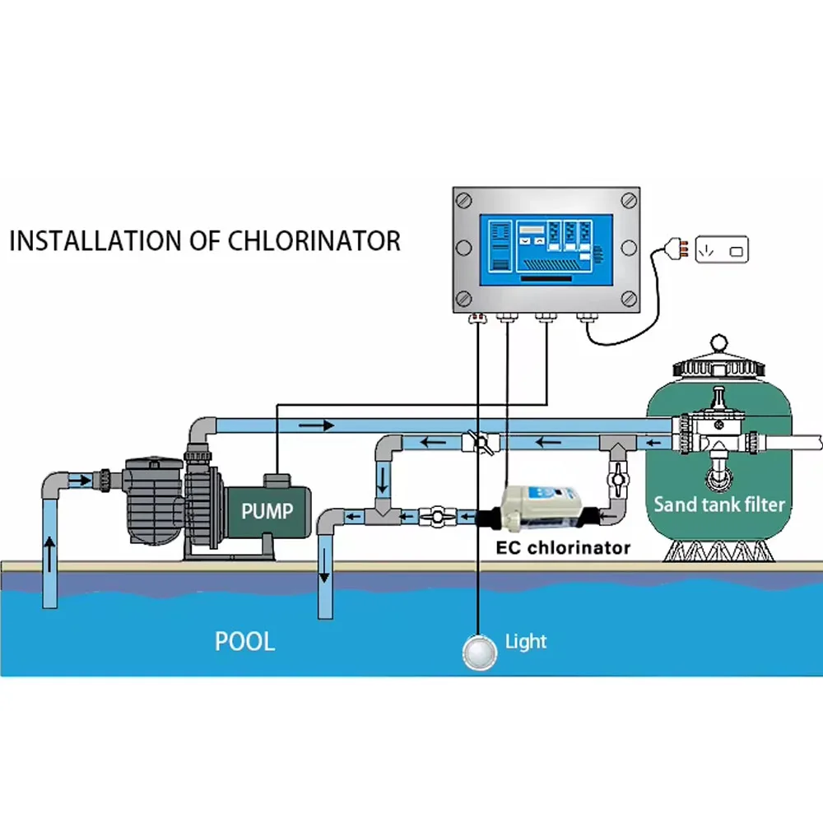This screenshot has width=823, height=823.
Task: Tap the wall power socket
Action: (x=723, y=249)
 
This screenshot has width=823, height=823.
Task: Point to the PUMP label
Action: (x=267, y=511)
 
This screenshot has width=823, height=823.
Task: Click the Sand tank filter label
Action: (x=719, y=504)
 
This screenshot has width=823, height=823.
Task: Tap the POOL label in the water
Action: (x=244, y=641)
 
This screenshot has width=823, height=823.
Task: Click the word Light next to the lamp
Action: (x=526, y=641)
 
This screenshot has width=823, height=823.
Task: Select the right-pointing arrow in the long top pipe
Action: (x=317, y=425)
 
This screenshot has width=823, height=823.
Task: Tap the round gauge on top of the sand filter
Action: (x=721, y=339)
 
